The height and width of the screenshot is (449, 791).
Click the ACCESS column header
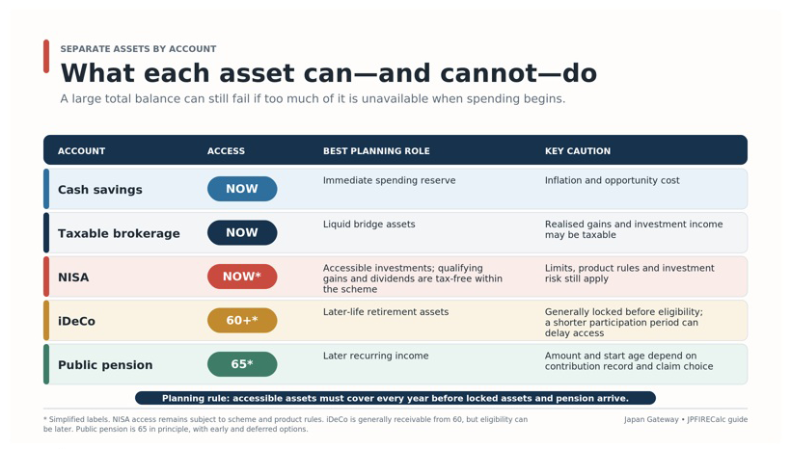pos(226,150)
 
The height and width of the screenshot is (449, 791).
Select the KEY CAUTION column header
pos(577,150)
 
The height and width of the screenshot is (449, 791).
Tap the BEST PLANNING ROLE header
pos(376,150)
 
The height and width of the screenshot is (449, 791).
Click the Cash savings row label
pos(100,190)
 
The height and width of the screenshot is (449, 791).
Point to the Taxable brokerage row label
pos(119,233)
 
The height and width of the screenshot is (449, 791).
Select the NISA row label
pos(73,277)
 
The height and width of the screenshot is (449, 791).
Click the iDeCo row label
pos(76,321)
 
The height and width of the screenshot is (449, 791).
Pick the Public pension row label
pos(105,365)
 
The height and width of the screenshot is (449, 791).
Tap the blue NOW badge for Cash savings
pos(242,189)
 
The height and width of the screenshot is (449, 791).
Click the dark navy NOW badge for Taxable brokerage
pos(242,233)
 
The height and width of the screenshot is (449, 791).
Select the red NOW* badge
pos(242,277)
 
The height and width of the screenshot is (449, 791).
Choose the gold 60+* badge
pos(242,321)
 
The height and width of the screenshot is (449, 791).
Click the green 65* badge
pos(242,364)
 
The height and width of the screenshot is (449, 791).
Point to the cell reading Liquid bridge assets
pos(368,224)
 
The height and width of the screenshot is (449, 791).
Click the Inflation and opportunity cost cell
pos(612,180)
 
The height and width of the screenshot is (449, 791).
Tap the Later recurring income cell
pos(376,356)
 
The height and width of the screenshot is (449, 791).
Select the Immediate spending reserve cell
pos(389,180)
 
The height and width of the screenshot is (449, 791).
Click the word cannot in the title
pos(489,73)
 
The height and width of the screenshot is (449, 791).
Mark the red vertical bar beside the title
pos(46,57)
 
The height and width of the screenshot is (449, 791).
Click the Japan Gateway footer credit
pos(651,419)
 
